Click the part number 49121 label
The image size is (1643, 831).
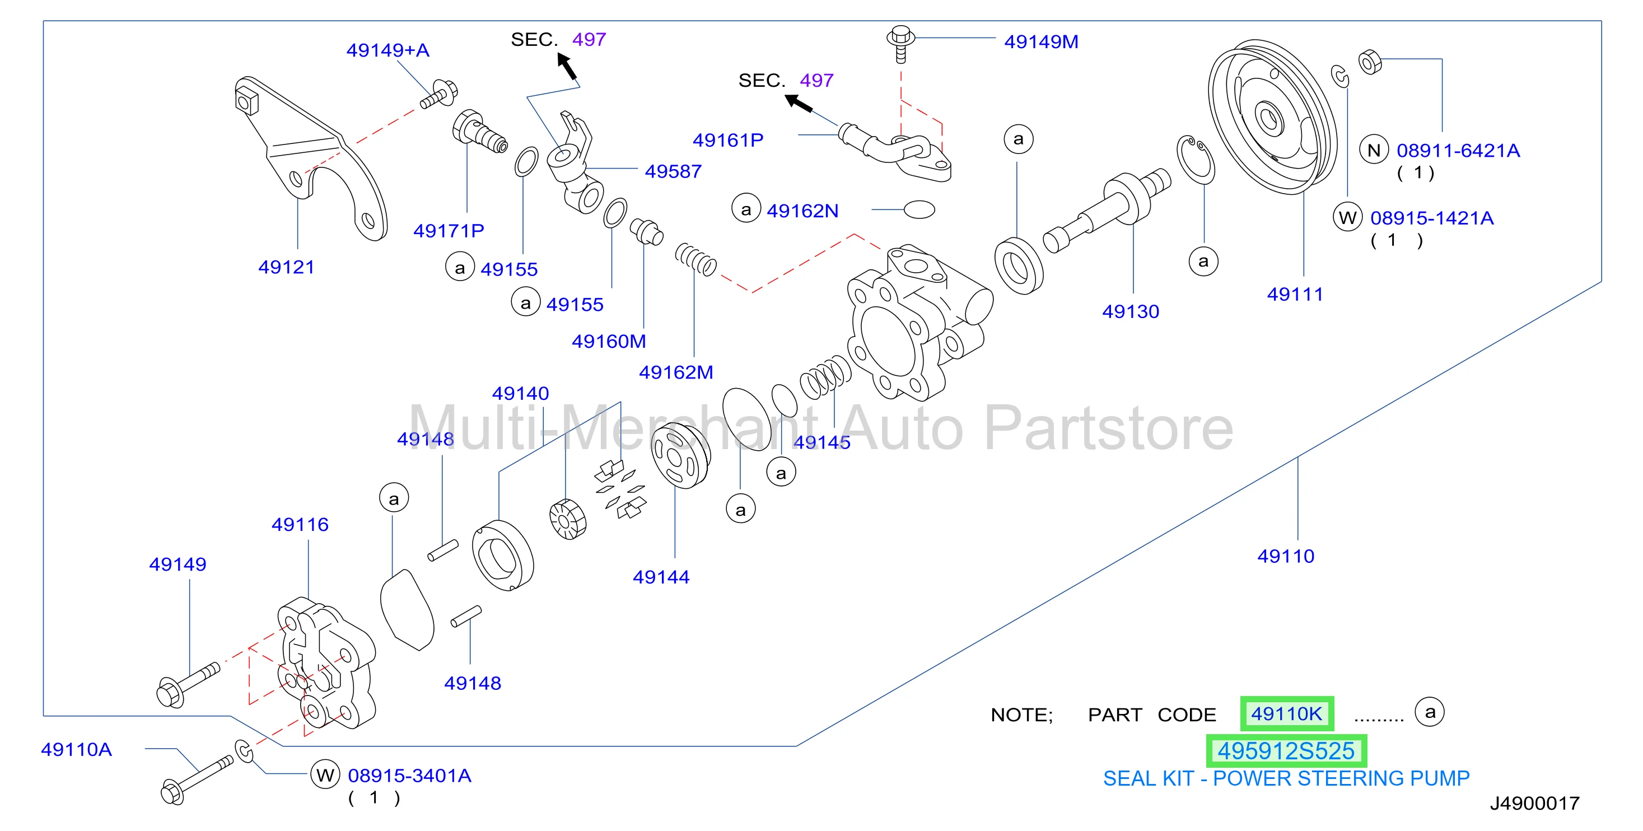286,267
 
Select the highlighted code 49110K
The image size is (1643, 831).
1286,713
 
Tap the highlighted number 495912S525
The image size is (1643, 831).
1286,751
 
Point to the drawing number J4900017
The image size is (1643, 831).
1534,803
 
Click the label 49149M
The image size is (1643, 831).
1041,42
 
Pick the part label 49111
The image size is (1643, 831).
1295,295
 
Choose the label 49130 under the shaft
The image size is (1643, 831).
1130,312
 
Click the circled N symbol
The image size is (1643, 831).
1374,151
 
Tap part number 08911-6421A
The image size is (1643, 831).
1458,151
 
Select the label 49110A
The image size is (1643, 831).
77,749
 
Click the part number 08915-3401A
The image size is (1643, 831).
409,776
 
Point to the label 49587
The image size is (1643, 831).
673,171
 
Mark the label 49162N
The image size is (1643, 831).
802,211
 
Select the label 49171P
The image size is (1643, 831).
449,231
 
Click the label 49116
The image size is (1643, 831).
300,525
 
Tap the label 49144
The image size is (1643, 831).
661,577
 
